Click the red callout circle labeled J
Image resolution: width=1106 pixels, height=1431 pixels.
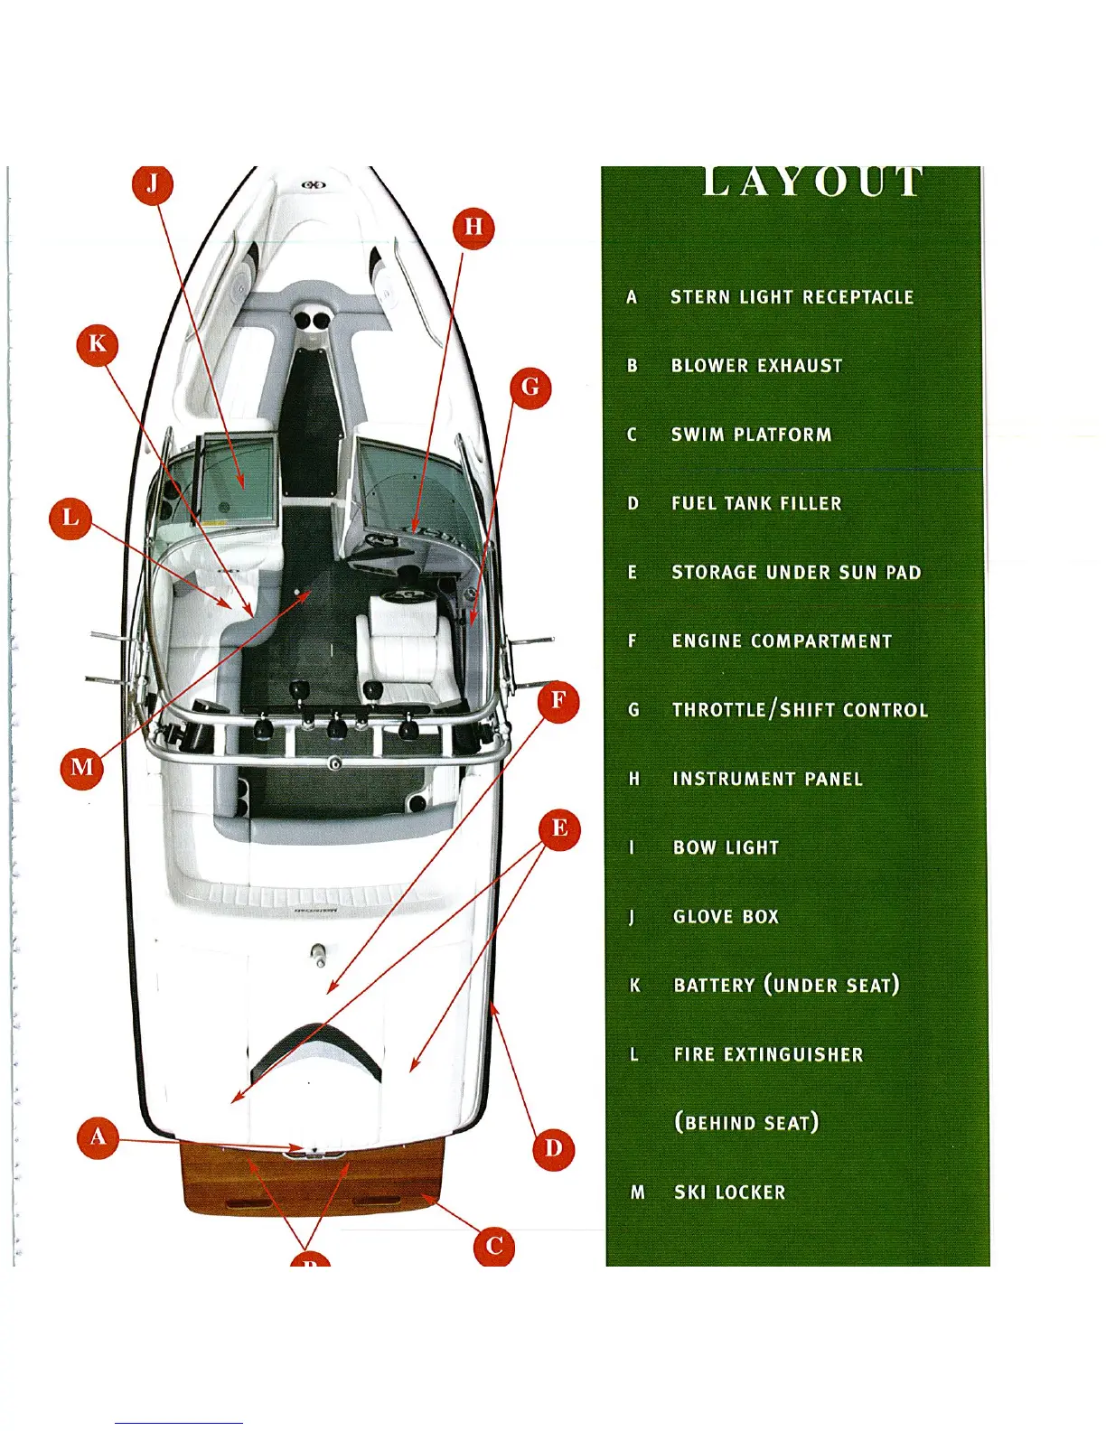153,183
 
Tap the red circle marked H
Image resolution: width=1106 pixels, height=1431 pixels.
473,227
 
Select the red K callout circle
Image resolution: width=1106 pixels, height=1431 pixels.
98,344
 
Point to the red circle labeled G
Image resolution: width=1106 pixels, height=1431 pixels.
530,388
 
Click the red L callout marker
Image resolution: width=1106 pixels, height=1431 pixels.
70,519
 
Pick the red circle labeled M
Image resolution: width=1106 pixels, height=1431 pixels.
81,767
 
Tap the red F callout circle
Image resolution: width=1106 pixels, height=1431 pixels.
558,701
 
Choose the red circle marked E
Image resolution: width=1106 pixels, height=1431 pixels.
559,828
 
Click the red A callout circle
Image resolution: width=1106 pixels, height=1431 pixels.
98,1136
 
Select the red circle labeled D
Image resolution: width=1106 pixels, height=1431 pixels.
553,1148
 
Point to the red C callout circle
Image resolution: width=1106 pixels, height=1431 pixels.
494,1247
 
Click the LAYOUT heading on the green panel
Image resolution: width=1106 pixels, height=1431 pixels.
812,182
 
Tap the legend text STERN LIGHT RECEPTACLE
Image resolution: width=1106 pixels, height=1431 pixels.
792,297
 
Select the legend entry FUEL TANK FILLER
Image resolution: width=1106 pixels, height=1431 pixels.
756,503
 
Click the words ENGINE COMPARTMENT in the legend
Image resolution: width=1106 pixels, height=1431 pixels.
782,641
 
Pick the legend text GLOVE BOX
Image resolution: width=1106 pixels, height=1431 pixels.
726,917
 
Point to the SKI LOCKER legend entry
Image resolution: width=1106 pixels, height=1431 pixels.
730,1192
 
